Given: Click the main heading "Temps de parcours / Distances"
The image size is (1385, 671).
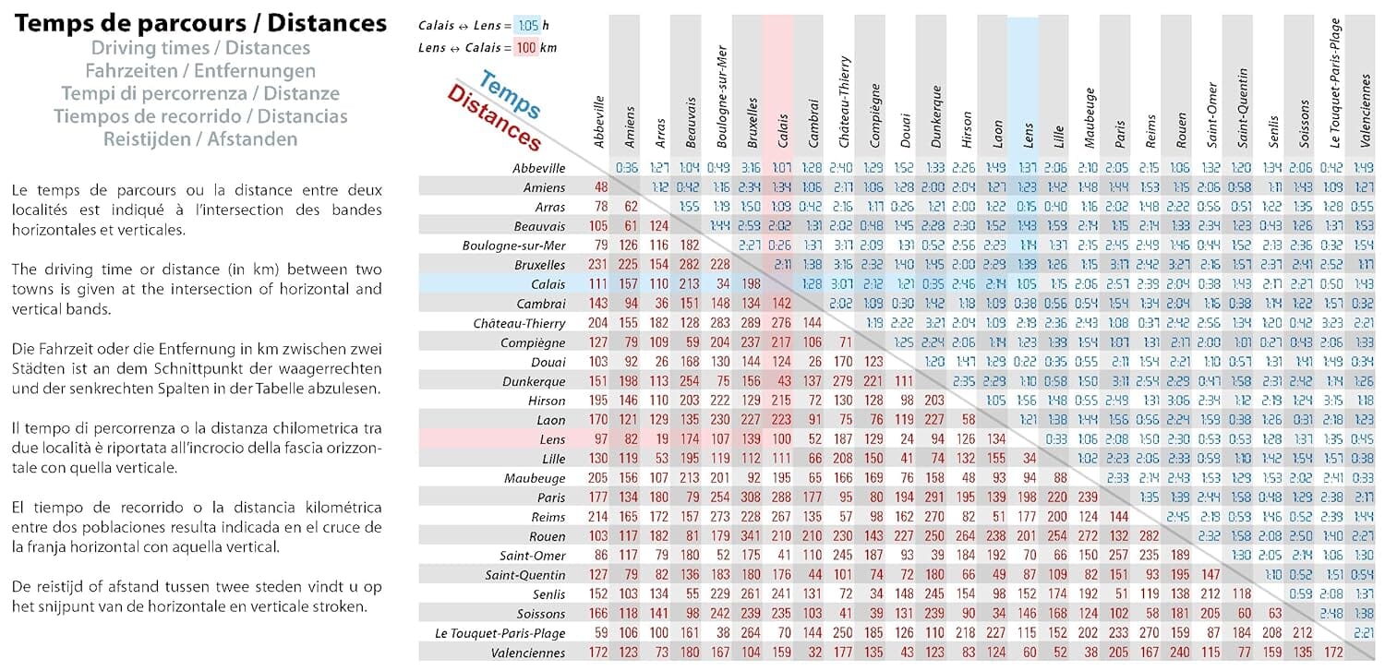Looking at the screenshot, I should pyautogui.click(x=200, y=23).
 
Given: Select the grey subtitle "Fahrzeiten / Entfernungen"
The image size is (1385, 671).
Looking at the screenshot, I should pyautogui.click(x=200, y=70).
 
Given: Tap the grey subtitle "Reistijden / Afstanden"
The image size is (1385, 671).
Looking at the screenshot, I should pyautogui.click(x=200, y=139).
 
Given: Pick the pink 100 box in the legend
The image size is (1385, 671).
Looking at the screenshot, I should pyautogui.click(x=526, y=48).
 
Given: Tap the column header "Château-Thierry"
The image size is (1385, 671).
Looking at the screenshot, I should pyautogui.click(x=844, y=102).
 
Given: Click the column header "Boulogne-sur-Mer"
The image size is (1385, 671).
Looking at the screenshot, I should pyautogui.click(x=722, y=92).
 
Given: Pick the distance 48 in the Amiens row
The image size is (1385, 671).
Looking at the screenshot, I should pyautogui.click(x=601, y=187).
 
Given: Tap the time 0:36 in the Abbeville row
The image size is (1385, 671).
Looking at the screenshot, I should pyautogui.click(x=628, y=168).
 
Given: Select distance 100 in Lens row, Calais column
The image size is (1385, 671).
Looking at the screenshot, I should pyautogui.click(x=781, y=439).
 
